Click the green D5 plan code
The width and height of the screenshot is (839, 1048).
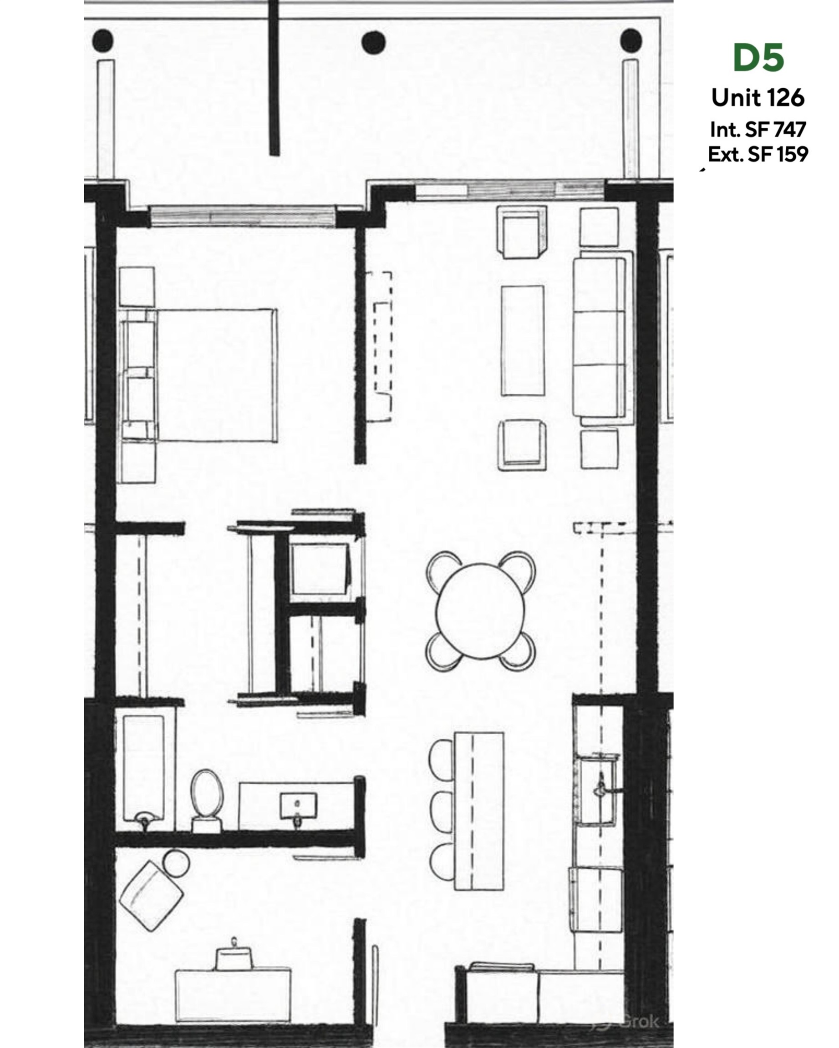pos(758,57)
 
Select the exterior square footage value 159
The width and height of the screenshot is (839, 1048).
pos(791,154)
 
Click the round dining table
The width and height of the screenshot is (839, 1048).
pos(481,611)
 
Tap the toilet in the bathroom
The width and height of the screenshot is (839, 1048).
pos(207,794)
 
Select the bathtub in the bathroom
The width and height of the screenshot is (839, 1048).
pos(143,768)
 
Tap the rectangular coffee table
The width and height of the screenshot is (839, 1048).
pos(522,340)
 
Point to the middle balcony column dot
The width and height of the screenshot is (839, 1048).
pos(374,42)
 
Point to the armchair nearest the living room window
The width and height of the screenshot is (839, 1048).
pos(521,232)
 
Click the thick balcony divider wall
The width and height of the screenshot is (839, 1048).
pos(275,78)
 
